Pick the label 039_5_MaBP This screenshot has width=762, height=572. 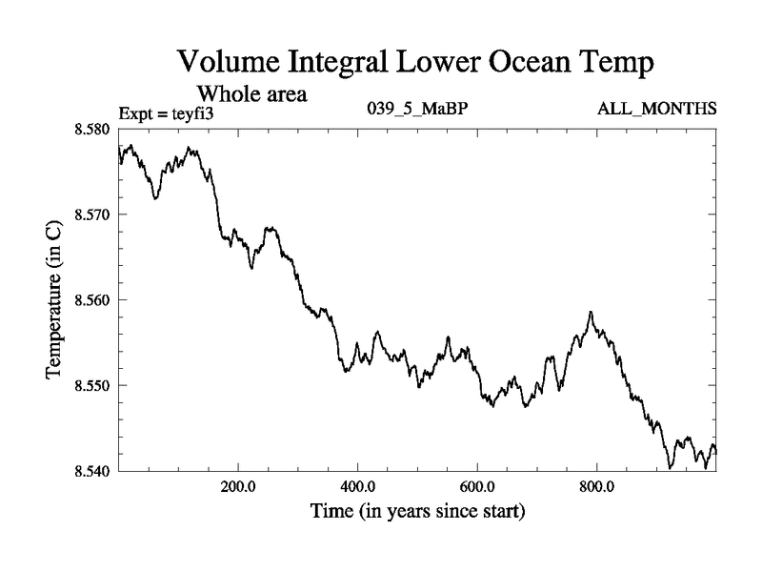point(417,110)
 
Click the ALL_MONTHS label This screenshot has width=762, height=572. point(656,110)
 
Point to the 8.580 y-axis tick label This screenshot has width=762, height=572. point(93,129)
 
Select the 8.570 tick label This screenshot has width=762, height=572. point(93,214)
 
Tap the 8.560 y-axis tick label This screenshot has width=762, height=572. point(93,300)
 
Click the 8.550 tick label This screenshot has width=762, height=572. point(93,386)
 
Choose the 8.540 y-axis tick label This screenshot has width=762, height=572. point(93,471)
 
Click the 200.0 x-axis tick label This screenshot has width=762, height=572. point(237,487)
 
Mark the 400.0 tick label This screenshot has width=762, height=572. point(357,487)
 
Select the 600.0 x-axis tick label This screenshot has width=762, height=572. point(477,487)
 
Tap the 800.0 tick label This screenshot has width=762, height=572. point(596,487)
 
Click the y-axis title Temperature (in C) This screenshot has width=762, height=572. point(55,300)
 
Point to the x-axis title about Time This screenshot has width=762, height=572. point(417,512)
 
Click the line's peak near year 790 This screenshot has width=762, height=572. point(591,312)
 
